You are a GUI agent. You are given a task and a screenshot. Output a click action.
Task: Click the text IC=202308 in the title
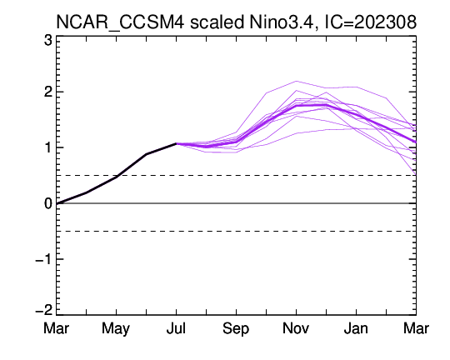tap(370, 22)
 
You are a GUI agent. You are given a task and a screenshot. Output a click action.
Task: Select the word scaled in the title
tap(217, 22)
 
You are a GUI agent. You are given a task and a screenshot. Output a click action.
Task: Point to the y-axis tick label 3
tap(48, 41)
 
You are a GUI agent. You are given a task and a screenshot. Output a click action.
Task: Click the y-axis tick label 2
tap(48, 92)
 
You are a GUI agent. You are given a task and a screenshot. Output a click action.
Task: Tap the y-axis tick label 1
tap(48, 147)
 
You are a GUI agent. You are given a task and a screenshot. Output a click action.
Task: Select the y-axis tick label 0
tap(48, 203)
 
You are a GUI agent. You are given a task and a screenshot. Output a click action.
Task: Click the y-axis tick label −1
tap(44, 259)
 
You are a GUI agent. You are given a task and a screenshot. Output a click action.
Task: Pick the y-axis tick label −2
tap(44, 310)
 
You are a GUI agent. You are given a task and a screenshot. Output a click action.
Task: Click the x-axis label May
tap(116, 329)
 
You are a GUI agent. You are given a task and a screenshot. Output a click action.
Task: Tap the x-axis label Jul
tap(176, 328)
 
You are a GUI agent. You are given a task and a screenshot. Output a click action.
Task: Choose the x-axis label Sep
tap(236, 329)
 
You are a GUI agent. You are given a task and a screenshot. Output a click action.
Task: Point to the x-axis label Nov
tap(296, 328)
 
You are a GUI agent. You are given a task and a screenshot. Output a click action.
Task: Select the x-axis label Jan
tap(356, 328)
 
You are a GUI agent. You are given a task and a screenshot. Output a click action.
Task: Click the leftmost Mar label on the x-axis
tap(57, 328)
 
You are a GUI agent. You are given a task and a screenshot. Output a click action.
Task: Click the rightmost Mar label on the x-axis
tap(416, 328)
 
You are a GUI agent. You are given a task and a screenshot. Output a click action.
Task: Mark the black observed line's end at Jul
tap(176, 143)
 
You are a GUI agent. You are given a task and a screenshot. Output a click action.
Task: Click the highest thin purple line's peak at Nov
tap(296, 81)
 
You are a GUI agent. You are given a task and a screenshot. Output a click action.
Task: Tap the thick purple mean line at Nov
tap(296, 106)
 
